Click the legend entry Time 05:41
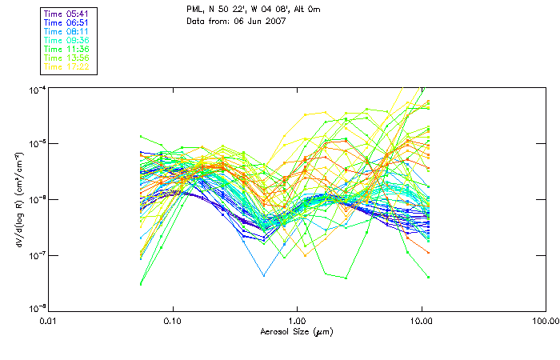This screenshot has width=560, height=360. tap(67, 13)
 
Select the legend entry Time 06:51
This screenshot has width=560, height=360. tap(67, 22)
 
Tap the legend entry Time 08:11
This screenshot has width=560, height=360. tap(67, 31)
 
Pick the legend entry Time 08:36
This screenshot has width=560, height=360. tap(67, 40)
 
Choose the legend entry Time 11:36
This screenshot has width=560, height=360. tap(67, 49)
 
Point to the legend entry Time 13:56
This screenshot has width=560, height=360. tap(67, 58)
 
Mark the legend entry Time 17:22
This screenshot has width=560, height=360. tap(67, 66)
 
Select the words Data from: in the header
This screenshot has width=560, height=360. tap(207, 21)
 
